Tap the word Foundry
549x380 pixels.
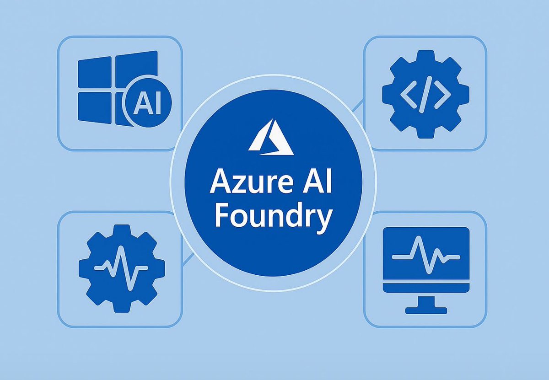click(273, 217)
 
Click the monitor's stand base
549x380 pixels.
click(426, 310)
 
